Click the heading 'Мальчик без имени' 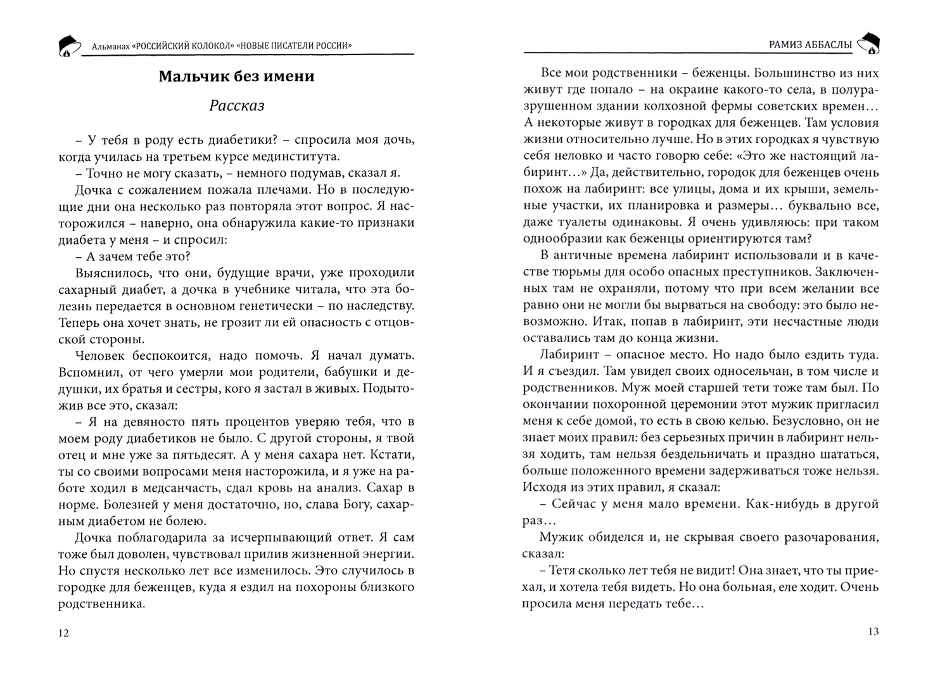236,77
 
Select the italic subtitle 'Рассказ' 236,106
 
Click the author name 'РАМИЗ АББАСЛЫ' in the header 805,45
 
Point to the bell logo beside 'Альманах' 69,45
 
